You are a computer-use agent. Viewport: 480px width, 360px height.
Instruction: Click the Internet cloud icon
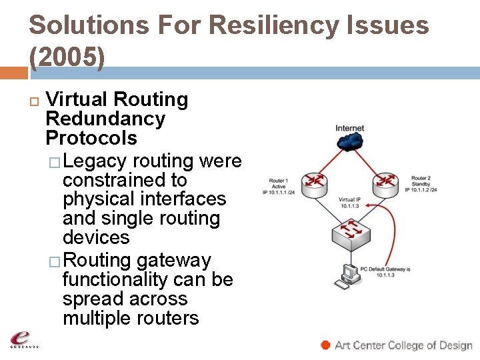350,141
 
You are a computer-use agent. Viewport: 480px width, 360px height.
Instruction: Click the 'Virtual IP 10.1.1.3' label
349,203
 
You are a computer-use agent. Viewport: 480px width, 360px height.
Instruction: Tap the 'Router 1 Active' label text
279,183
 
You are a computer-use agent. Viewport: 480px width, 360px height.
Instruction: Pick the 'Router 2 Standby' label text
420,181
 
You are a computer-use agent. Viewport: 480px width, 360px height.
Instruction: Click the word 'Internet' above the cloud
349,128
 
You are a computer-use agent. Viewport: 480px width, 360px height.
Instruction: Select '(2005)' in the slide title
67,58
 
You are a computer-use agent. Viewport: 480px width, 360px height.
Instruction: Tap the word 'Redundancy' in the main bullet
105,119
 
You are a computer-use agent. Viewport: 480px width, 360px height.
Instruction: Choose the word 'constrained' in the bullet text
125,180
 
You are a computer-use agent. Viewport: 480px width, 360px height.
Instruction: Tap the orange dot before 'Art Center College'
325,345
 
